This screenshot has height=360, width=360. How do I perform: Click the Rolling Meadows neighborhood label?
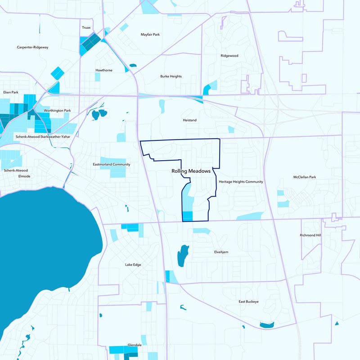[191, 171]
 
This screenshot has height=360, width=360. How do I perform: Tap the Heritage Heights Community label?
[241, 182]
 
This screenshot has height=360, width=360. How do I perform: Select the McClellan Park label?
[305, 177]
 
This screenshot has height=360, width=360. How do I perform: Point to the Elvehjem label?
[221, 252]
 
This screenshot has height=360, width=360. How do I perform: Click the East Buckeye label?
[248, 301]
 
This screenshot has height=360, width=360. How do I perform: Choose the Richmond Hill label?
[310, 235]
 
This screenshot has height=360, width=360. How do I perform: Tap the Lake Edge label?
[133, 265]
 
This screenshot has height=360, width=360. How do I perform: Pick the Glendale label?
[135, 345]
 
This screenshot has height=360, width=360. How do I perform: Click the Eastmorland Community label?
[111, 165]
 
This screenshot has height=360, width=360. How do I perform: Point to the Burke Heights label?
[171, 76]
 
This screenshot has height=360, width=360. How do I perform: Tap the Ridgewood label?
[229, 56]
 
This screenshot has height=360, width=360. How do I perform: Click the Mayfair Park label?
[150, 35]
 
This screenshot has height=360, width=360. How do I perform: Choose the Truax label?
[86, 28]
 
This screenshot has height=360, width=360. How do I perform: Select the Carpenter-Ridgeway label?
[32, 47]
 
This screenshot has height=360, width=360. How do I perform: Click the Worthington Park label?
[58, 111]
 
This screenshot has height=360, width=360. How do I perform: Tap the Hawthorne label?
[104, 71]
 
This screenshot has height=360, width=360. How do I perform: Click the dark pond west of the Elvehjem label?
[183, 256]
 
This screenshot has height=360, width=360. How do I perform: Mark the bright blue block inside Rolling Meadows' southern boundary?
[188, 216]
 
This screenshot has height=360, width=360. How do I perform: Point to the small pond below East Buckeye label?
[266, 324]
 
